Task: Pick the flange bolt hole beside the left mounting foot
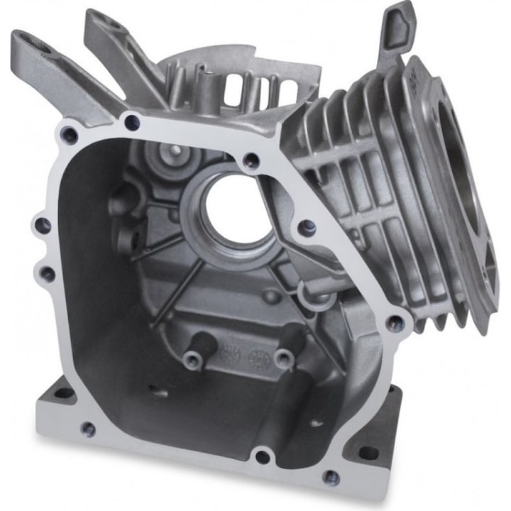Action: point(88,428)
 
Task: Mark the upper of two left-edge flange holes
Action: point(43,226)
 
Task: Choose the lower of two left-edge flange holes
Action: point(48,273)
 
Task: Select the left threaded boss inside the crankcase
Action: point(192,359)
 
